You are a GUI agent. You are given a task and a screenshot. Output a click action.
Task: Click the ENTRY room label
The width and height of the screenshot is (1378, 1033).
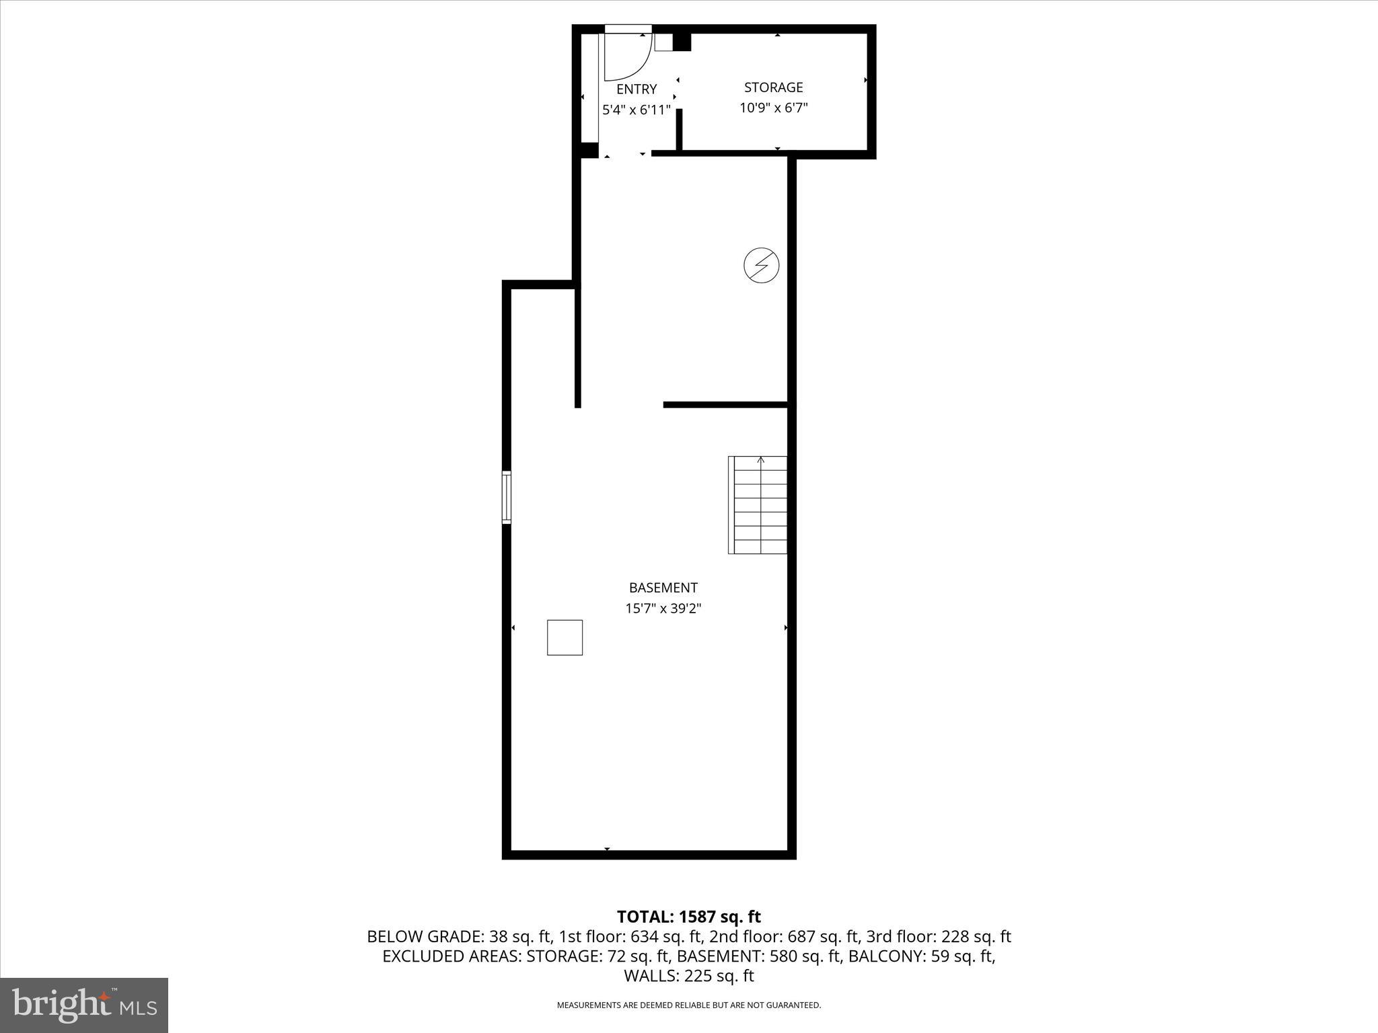pos(637,89)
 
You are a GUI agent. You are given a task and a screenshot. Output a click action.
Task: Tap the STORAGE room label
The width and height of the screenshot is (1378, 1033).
pos(773,87)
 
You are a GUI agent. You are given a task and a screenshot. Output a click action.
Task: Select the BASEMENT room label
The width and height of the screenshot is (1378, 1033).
pos(663,588)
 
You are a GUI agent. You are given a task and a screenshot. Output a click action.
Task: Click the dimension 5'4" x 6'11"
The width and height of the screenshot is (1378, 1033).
pos(637,110)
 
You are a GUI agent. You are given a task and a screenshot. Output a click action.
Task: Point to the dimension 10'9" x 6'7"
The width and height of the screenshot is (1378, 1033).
pos(773,108)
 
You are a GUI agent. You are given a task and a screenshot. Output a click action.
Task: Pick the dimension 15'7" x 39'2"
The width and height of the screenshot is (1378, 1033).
pos(663,609)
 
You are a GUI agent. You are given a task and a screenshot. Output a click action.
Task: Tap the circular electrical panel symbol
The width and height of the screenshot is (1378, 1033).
pos(761,265)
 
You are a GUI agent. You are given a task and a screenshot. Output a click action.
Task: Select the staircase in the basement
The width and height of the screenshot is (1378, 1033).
pos(758,505)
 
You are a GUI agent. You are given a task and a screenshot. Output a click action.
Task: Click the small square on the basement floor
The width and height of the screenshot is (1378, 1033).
pos(565,638)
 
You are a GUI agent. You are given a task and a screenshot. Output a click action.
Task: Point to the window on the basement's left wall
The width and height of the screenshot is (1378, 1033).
pos(507,498)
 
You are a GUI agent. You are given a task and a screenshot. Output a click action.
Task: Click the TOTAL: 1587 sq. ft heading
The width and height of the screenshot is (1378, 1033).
pos(688,917)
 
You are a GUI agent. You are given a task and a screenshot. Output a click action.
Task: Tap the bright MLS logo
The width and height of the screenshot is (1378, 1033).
pos(84,1005)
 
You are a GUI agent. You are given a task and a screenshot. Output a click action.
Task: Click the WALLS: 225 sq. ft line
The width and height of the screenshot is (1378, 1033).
pos(688,976)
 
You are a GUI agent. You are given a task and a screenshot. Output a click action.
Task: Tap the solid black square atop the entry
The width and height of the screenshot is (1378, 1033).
pos(682,42)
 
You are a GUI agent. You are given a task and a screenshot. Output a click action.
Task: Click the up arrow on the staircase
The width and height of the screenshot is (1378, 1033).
pos(761,461)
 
